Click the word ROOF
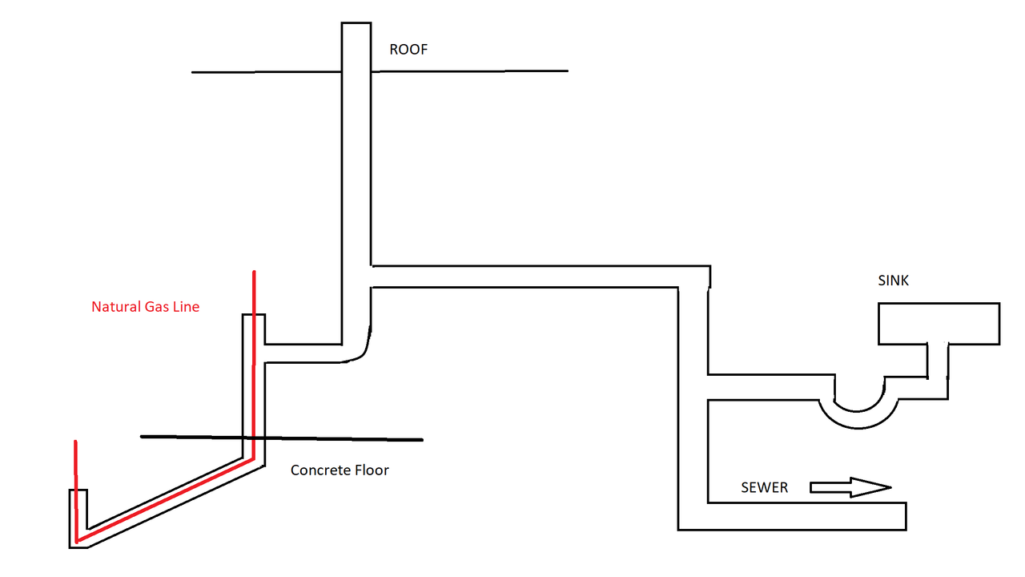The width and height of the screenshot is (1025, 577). [408, 50]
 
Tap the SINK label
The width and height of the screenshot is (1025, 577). [893, 281]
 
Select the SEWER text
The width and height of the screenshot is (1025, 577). [764, 487]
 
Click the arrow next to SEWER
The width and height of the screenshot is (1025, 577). [850, 487]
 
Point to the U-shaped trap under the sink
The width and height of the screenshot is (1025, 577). [861, 412]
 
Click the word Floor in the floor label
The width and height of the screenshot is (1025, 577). [372, 470]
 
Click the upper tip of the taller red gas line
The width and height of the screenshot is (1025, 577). [254, 273]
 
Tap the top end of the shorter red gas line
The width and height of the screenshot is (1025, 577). [75, 442]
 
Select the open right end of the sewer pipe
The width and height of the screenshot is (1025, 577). [905, 516]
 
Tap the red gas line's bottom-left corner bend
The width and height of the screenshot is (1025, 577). [77, 539]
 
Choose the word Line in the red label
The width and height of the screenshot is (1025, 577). [187, 306]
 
